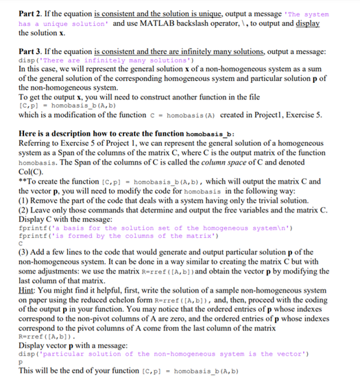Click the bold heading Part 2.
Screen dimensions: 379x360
click(x=32, y=14)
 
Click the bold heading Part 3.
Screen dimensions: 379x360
click(x=32, y=51)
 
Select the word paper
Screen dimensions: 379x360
click(x=40, y=299)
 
